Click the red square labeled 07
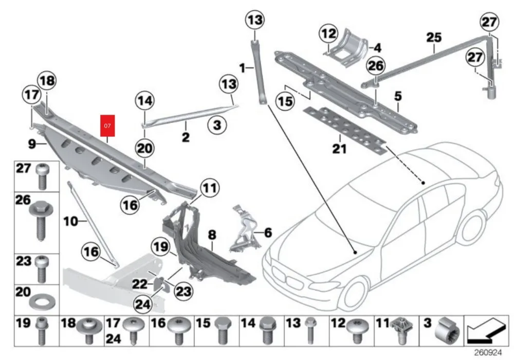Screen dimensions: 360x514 tap(108, 125)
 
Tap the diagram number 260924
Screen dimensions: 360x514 tap(488, 353)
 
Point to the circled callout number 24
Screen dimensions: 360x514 tap(142, 305)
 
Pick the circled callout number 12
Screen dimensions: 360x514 tap(328, 34)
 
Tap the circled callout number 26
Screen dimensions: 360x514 tap(376, 66)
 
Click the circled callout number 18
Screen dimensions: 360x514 tap(46, 81)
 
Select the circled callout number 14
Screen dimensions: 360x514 tap(145, 101)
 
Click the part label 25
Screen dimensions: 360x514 tap(434, 37)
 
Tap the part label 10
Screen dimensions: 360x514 tap(71, 222)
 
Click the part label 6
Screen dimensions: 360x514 tap(267, 233)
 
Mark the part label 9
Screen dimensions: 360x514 tap(31, 145)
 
